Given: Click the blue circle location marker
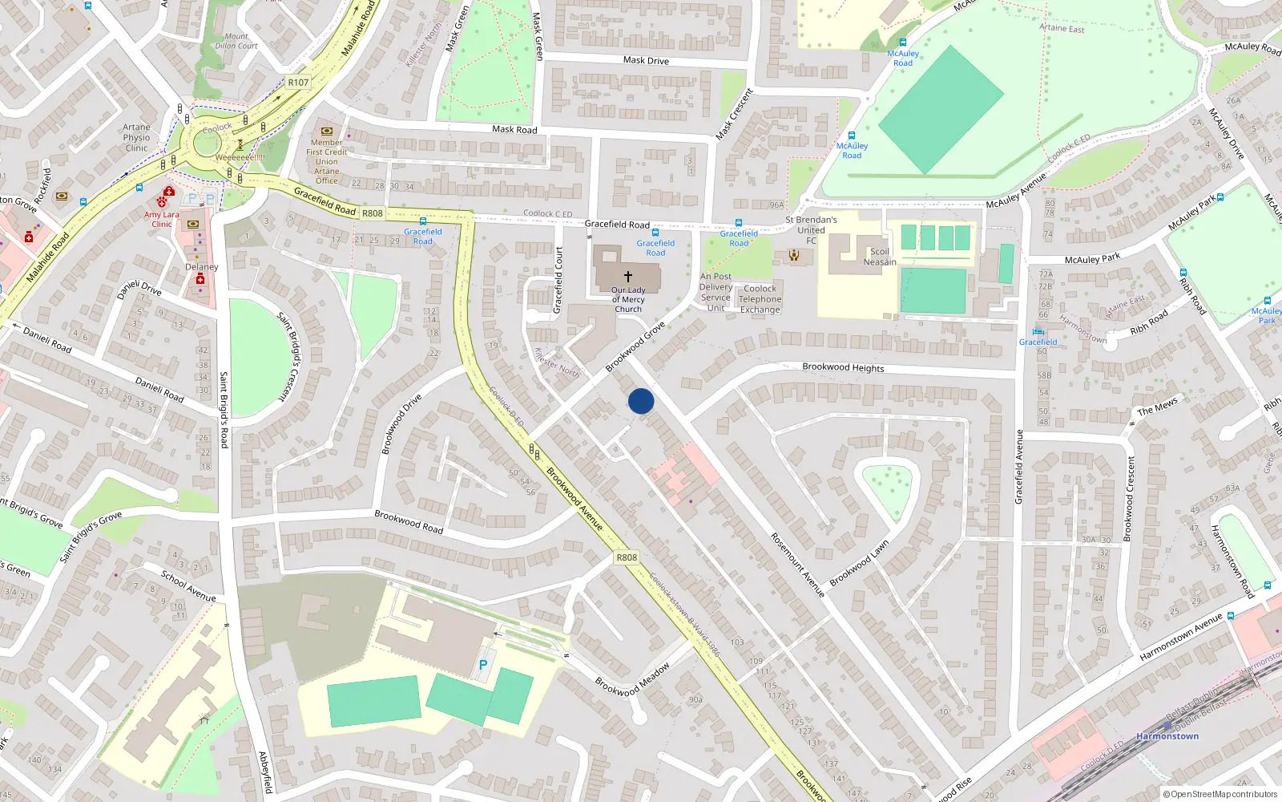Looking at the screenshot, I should (x=641, y=401).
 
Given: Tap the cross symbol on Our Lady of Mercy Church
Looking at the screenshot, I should (x=628, y=276).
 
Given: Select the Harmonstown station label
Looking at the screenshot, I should (x=1167, y=736).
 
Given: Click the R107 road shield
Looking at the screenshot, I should (x=298, y=83).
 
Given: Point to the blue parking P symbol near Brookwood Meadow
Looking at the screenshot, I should (x=482, y=665).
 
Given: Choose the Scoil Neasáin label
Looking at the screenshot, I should (x=880, y=257).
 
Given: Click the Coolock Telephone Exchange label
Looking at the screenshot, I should (x=760, y=299).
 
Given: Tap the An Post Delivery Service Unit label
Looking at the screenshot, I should (x=716, y=292).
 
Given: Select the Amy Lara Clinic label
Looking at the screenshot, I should (x=162, y=219).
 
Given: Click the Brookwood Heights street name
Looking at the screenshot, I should (x=843, y=367).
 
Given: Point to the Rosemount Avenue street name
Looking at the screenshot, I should (x=797, y=565).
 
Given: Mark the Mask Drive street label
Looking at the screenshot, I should (x=646, y=60).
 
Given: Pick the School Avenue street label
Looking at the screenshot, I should (x=188, y=586).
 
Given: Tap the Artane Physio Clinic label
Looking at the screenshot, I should (x=136, y=137).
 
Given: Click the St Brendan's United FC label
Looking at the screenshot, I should (x=811, y=229).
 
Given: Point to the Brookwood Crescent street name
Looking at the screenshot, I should (x=1130, y=498).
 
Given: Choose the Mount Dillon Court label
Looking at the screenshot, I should (x=236, y=41).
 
